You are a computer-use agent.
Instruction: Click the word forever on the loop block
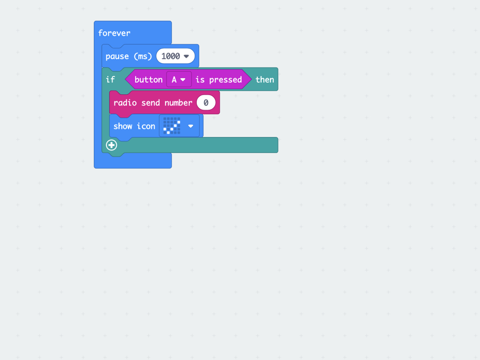click(114, 33)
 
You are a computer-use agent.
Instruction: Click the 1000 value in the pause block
click(171, 56)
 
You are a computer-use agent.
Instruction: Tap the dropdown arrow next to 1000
click(186, 56)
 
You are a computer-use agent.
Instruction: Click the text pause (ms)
click(128, 56)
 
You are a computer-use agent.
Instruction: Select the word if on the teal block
click(110, 80)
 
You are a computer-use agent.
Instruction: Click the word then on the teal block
click(265, 80)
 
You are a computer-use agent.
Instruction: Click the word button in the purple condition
click(149, 80)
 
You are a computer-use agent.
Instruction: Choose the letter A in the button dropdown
click(174, 80)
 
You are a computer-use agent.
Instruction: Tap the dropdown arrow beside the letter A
click(183, 80)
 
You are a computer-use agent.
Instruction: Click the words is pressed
click(218, 80)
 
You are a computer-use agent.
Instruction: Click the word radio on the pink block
click(125, 103)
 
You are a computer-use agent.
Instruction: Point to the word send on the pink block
click(150, 103)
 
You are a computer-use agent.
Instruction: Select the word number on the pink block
click(179, 103)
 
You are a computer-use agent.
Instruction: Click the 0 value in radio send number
click(206, 103)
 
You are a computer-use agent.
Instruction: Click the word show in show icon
click(123, 126)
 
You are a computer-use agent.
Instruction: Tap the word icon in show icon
click(146, 126)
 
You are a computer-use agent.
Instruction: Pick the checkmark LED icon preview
click(172, 126)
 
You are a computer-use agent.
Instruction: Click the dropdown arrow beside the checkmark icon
click(191, 126)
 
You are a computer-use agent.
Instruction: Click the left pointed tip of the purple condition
click(125, 80)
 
